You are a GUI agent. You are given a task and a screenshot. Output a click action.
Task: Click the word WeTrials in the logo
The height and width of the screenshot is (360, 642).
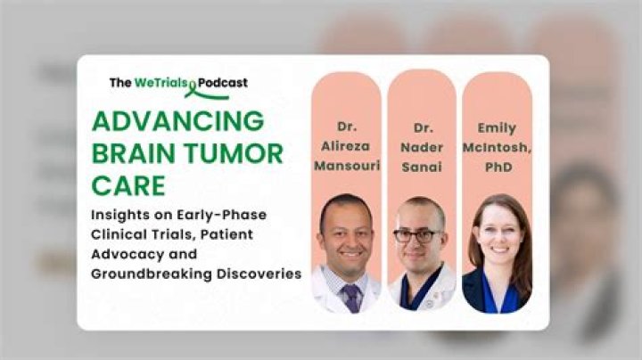coord(160,83)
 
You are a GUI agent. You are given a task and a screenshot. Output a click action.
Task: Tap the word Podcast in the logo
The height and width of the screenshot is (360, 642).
coord(223,83)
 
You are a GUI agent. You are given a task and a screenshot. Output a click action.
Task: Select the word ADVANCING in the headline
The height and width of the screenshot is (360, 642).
coord(178,121)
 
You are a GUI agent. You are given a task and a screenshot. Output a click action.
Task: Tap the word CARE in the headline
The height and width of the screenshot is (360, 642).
coord(128,185)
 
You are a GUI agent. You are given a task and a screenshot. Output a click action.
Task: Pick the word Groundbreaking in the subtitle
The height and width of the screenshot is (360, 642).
coord(152,274)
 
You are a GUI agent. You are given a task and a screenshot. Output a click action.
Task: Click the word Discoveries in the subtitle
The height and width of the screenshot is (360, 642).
coord(259,274)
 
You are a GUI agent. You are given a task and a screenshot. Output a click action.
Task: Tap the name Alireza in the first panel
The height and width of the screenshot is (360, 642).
coord(346,146)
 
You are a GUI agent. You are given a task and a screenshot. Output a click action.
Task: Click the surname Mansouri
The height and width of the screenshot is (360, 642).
coord(347,166)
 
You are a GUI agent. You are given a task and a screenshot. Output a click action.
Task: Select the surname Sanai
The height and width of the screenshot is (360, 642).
coord(422,167)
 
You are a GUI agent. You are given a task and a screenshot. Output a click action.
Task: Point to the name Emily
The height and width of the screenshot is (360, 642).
coord(497,128)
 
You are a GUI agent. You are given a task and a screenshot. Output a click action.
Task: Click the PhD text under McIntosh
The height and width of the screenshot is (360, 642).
coord(498,167)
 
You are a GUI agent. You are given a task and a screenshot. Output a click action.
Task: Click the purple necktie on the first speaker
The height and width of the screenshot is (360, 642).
coord(351,298)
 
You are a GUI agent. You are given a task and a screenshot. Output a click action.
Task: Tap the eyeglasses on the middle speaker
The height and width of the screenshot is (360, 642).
coord(416,236)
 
